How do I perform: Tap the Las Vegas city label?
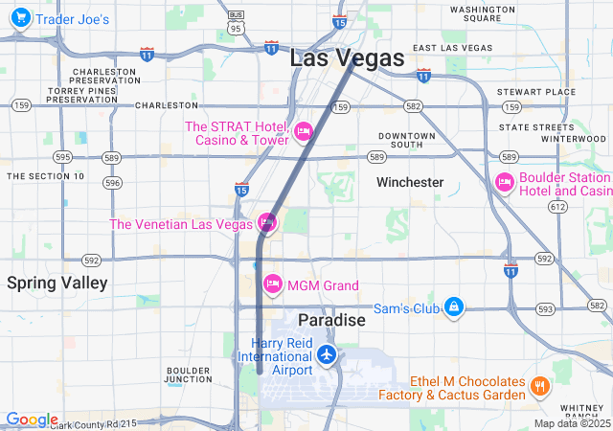tap(347, 58)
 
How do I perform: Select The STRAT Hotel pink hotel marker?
tap(304, 131)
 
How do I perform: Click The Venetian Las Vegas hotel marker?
tap(267, 223)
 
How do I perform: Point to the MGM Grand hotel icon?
tap(273, 284)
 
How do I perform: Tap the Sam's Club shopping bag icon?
tap(455, 306)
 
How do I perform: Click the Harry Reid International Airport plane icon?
tap(328, 354)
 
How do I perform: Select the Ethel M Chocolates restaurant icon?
tap(540, 387)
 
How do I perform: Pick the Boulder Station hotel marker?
tap(505, 182)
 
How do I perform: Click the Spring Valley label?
tap(57, 283)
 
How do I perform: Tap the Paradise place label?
tap(331, 319)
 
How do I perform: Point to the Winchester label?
tap(410, 182)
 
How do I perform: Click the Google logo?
tap(32, 420)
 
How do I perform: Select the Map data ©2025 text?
tap(572, 423)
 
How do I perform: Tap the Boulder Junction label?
tap(189, 374)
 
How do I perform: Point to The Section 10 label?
tap(46, 176)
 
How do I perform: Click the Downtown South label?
tap(407, 141)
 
